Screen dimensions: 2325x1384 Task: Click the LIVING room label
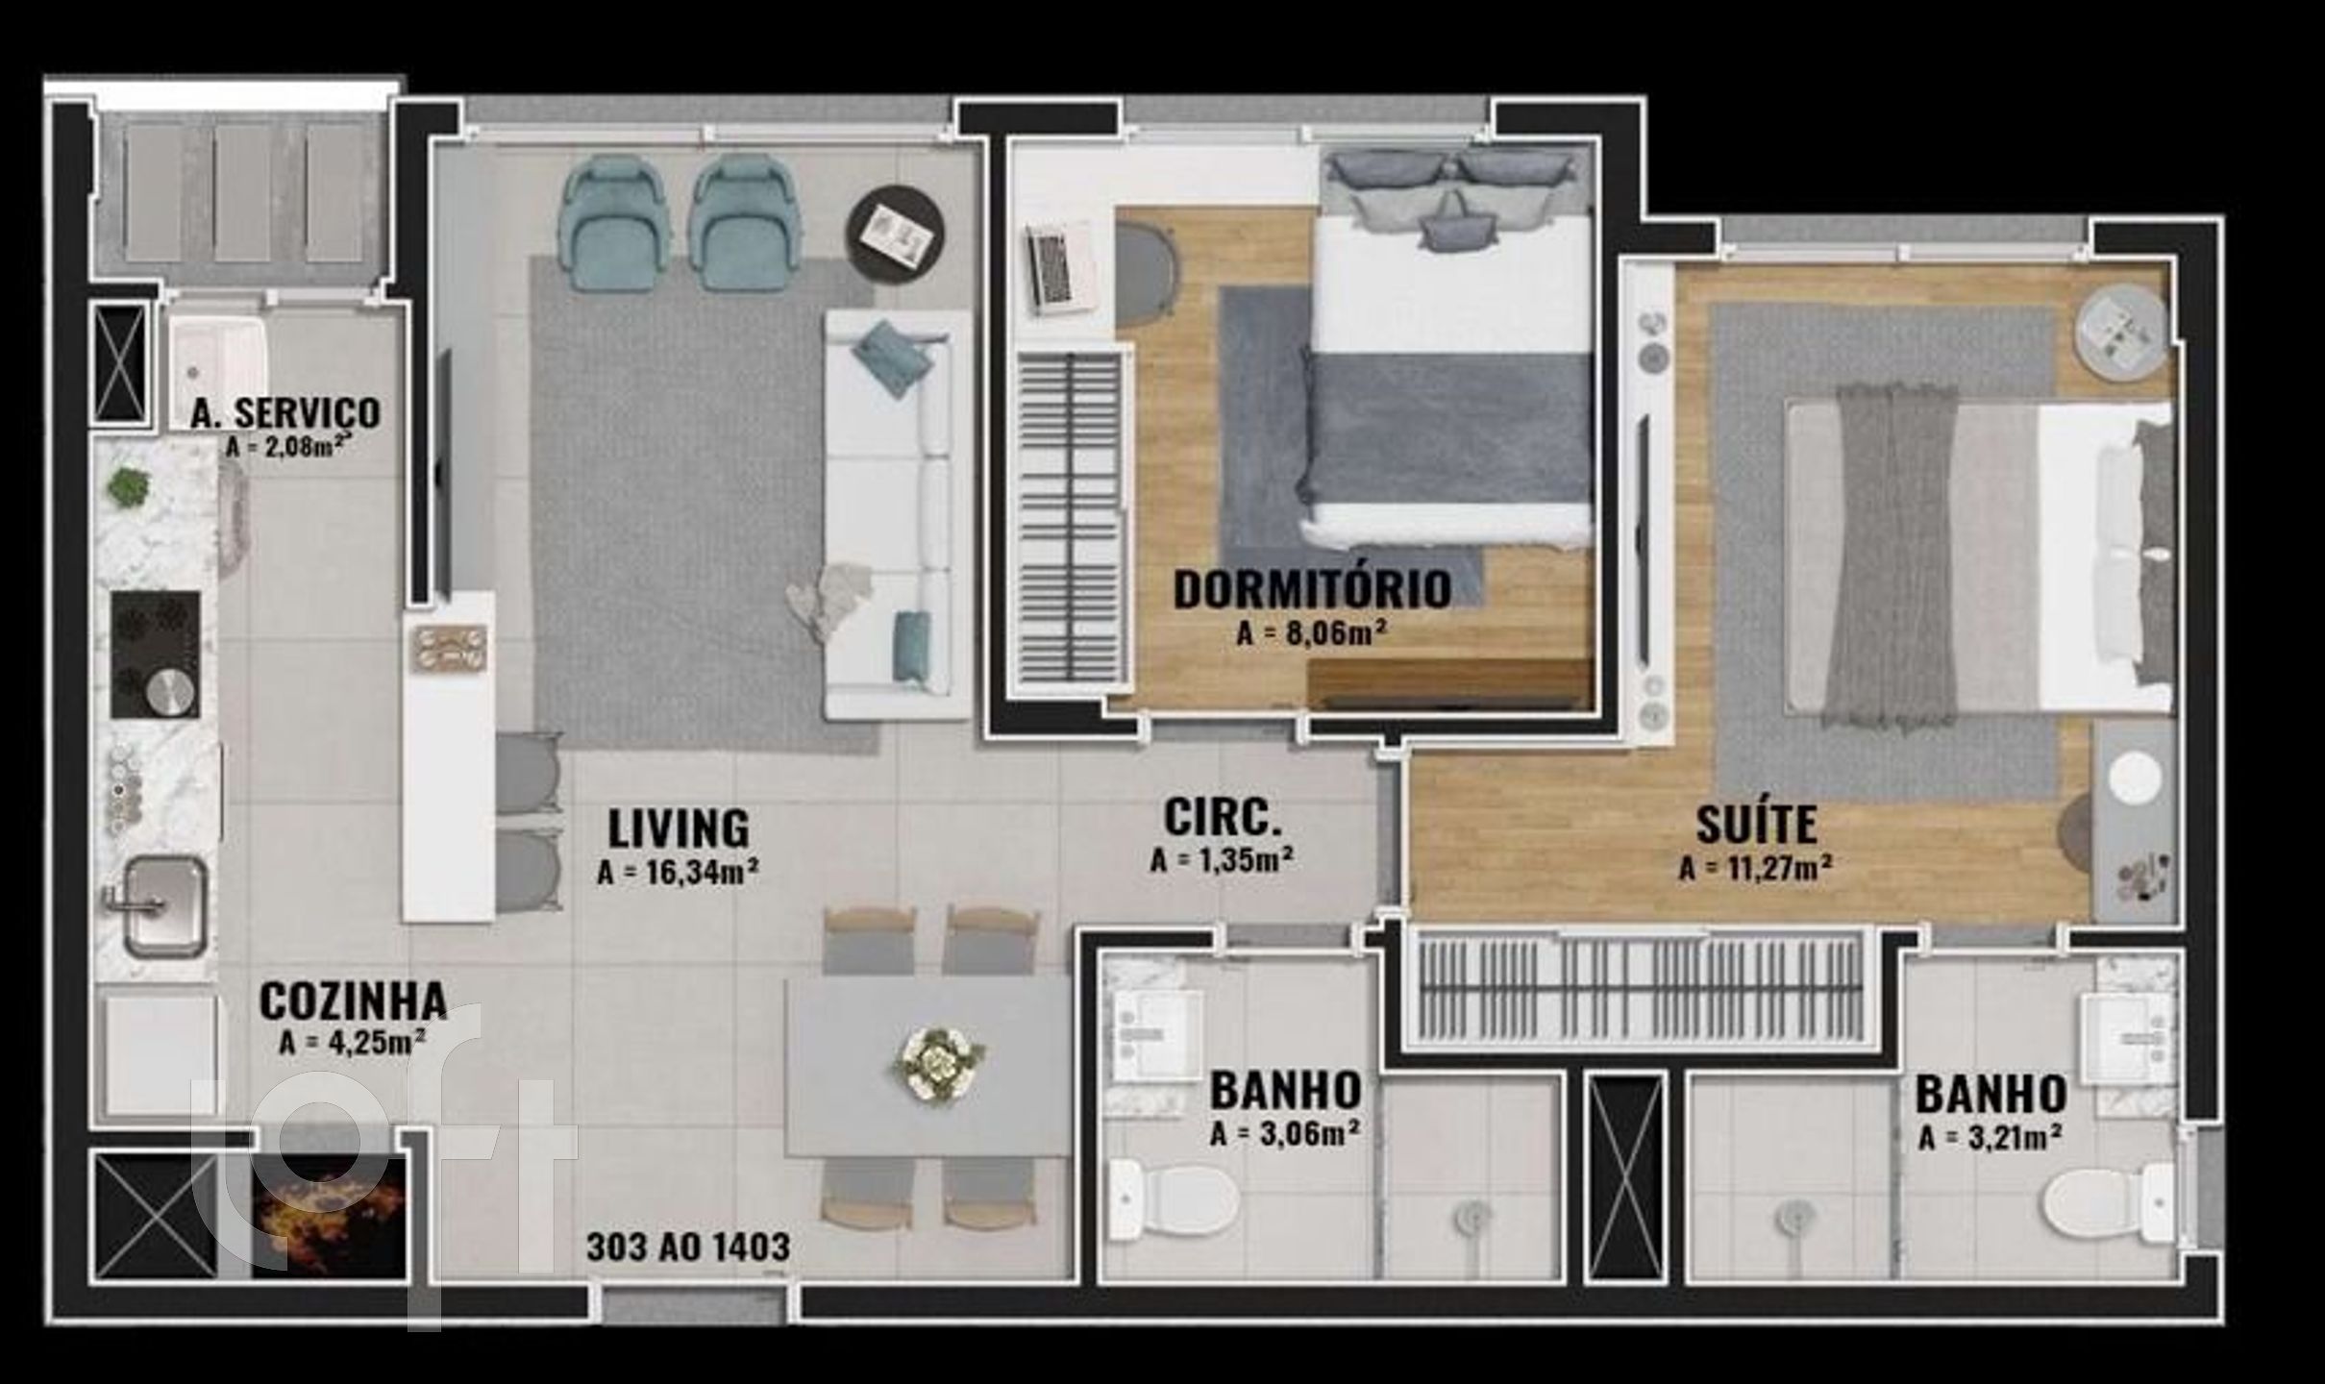click(678, 828)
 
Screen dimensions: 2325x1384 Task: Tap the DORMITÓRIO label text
click(1312, 589)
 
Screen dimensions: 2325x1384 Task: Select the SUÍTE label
click(1756, 825)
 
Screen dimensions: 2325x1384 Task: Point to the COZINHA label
click(353, 1001)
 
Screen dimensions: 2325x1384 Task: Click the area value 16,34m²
click(679, 873)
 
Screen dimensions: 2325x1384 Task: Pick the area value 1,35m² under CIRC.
click(1221, 859)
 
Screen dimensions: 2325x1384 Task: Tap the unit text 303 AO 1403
click(687, 1248)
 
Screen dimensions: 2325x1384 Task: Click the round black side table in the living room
click(895, 232)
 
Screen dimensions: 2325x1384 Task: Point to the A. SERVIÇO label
click(285, 412)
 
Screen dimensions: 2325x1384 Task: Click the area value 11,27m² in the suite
click(1756, 868)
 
